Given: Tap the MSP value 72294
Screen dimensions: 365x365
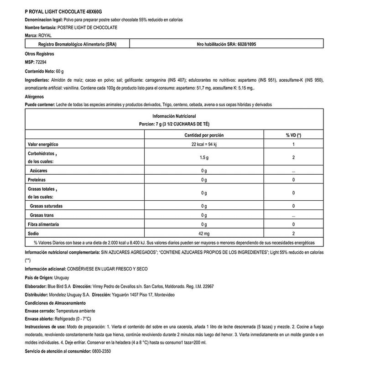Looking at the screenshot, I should point(42,62).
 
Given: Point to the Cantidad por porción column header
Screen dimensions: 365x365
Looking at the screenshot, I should point(204,136).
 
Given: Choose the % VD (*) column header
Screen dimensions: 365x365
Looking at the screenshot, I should point(293,136).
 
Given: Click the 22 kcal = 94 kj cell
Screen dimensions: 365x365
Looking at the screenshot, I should point(204,145).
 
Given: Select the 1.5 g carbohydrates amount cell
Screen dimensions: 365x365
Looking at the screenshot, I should point(204,157).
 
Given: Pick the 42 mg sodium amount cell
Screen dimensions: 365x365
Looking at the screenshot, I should point(204,233).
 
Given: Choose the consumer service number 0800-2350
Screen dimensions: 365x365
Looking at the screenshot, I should point(101,352).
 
